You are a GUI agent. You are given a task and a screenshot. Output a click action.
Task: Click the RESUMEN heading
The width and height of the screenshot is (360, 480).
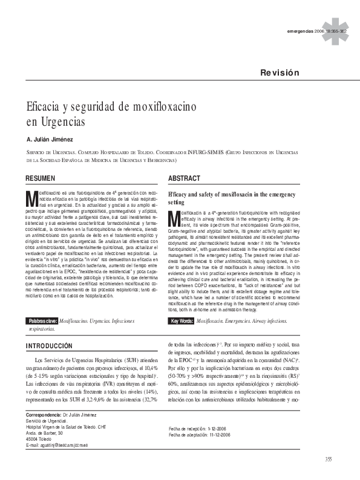pyautogui.click(x=40, y=179)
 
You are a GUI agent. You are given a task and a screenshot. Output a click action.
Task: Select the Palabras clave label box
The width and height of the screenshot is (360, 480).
pyautogui.click(x=42, y=320)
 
